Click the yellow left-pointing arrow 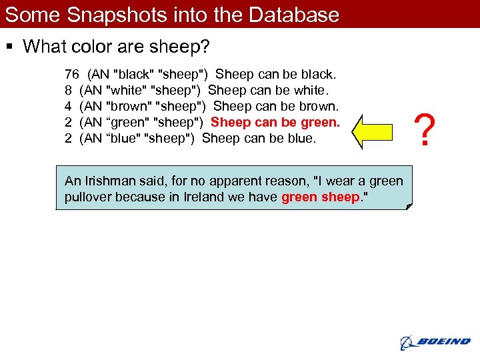click(377, 131)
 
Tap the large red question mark click(424, 129)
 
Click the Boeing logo click(435, 342)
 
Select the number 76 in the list click(72, 73)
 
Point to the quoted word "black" click(131, 73)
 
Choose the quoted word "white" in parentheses click(127, 90)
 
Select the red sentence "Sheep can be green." click(275, 123)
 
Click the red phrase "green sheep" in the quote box click(319, 197)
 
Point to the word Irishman click(106, 181)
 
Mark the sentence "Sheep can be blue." click(259, 139)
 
